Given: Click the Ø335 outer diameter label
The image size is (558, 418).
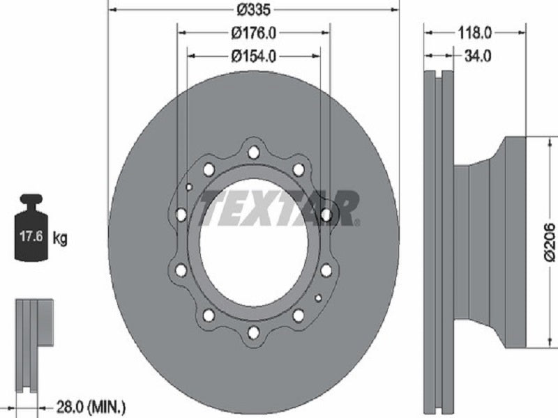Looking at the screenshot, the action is tap(254, 10).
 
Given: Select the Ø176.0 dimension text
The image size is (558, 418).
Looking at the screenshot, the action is tap(253, 33).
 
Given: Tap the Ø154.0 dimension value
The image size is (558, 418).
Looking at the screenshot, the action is tap(253, 56).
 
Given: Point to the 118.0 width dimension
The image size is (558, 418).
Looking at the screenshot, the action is tap(474, 33).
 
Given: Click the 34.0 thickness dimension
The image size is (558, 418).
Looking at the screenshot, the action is tap(478, 56).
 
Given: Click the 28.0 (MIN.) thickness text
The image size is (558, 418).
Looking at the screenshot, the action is tap(91, 405).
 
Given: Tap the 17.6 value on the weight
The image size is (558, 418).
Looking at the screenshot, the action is tap(31, 236).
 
